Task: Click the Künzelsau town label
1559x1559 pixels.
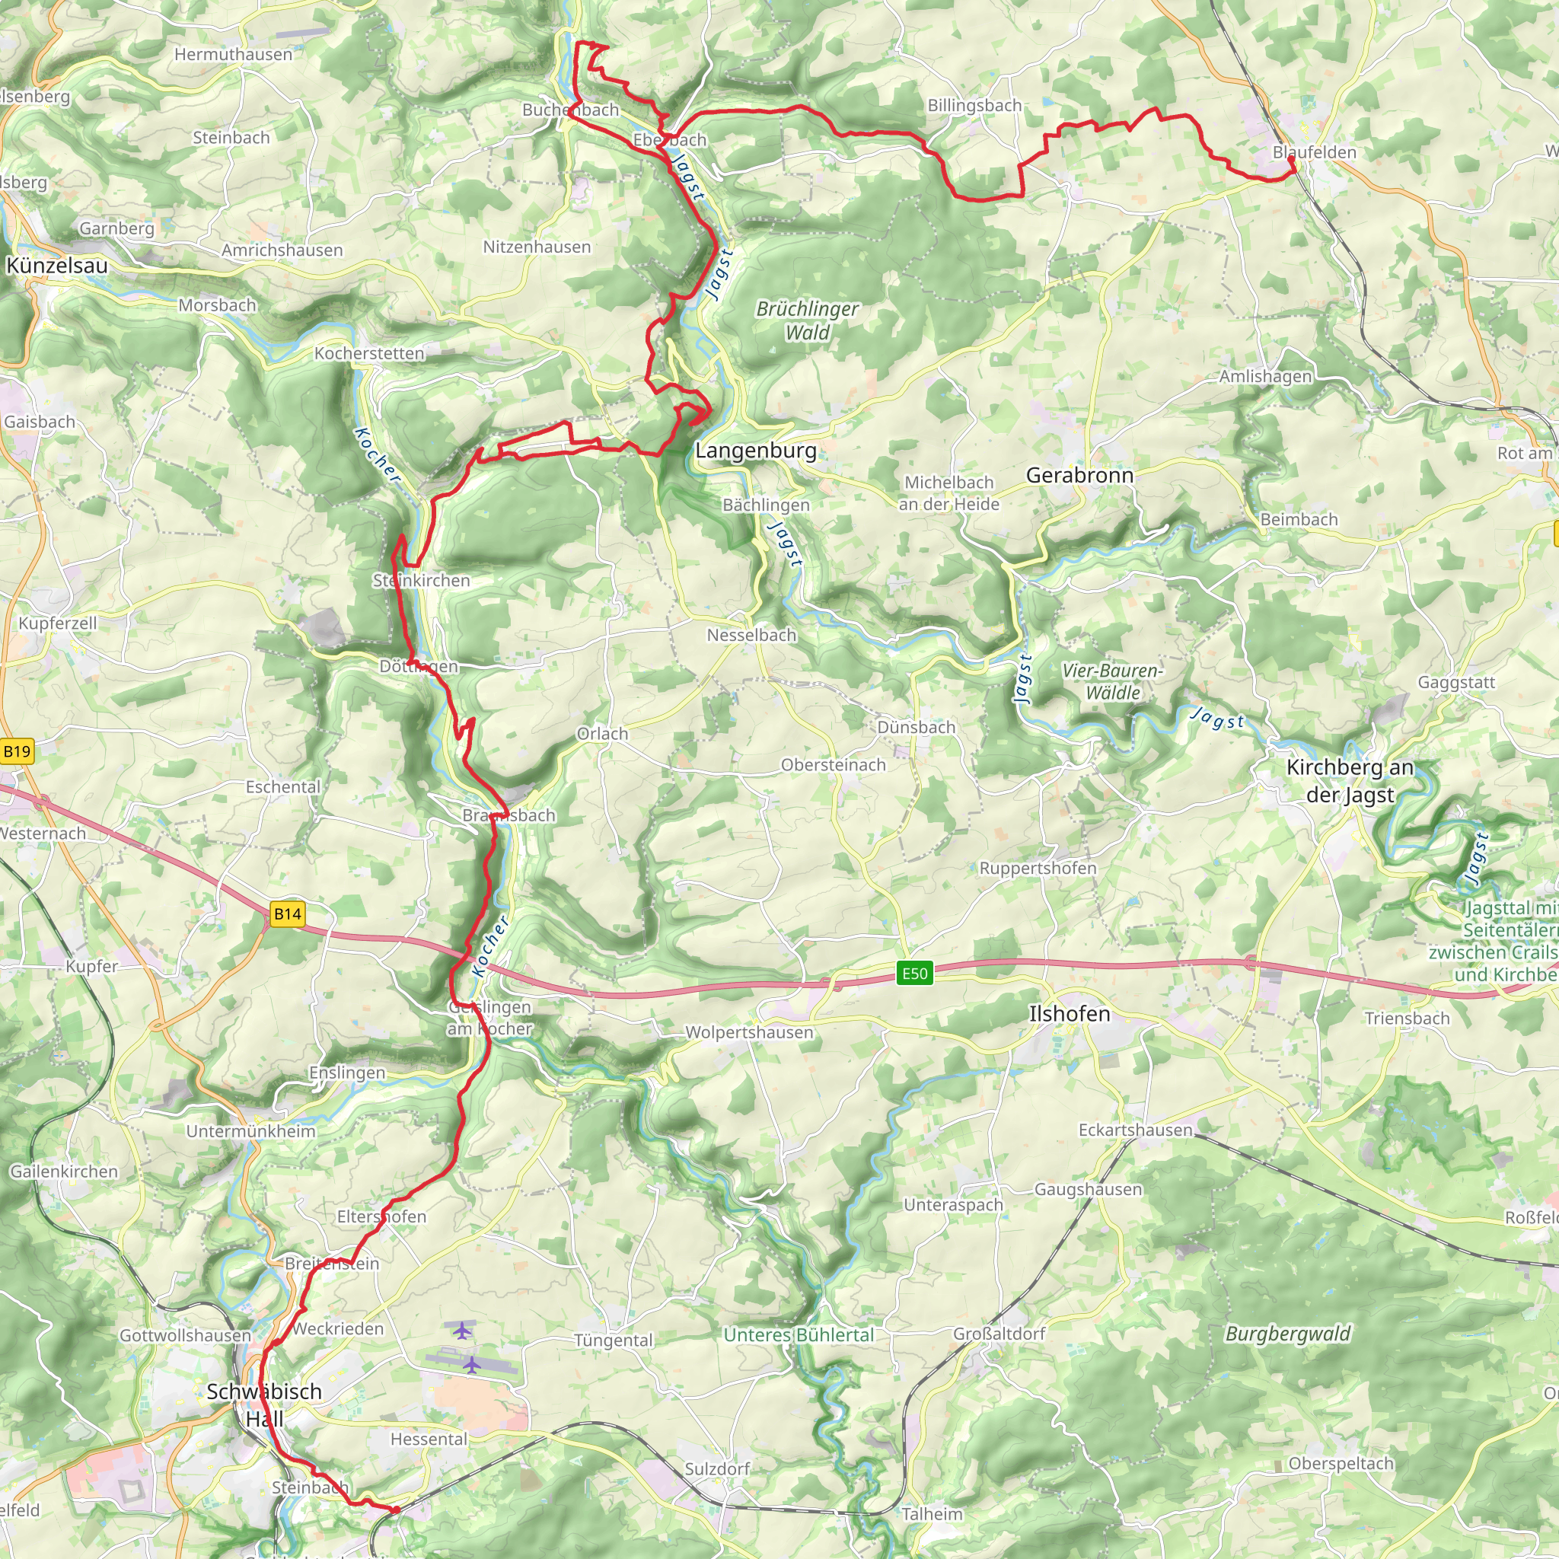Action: coord(56,266)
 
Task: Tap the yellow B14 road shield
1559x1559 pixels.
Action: coord(287,913)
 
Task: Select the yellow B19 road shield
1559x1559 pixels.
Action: coord(16,752)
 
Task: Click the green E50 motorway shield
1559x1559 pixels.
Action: coord(914,973)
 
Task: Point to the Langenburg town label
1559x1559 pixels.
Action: coord(755,451)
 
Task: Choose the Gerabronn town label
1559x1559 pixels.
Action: coord(1079,475)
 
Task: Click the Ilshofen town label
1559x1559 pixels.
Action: coord(1070,1013)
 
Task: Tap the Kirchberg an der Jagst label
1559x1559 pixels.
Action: coord(1350,780)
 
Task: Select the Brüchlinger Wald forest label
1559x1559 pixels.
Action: coord(807,320)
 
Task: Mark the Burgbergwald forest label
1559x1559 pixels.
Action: coord(1287,1334)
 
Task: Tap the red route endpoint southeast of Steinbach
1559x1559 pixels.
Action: coord(395,1510)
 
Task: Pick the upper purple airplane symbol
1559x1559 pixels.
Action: coord(461,1330)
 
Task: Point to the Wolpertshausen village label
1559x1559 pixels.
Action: coord(749,1032)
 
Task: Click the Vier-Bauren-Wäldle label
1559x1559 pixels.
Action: coord(1112,681)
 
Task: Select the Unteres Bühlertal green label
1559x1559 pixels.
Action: coord(798,1334)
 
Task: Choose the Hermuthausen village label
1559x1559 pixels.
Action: coord(233,55)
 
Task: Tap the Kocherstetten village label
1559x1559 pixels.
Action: coord(368,353)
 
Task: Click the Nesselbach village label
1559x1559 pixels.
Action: coord(751,635)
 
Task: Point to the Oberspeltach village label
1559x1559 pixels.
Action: coord(1341,1464)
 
